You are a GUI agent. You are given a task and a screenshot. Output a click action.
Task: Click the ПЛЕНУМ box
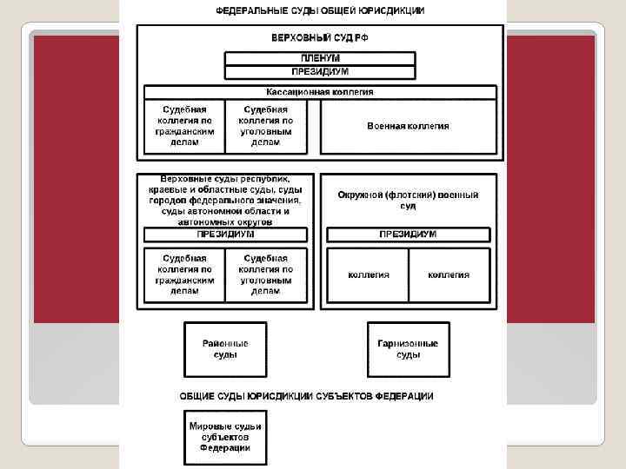coord(320,59)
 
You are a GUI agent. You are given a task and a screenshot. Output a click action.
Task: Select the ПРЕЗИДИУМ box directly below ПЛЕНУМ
coord(320,73)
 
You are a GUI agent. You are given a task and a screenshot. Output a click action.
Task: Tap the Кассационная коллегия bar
coord(320,91)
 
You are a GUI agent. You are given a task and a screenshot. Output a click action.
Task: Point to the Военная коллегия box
coord(408,127)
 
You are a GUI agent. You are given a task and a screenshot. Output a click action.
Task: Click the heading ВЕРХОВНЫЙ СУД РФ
coord(320,38)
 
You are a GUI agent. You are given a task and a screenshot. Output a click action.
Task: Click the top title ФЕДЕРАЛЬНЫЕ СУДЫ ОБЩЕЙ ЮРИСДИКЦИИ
coord(320,10)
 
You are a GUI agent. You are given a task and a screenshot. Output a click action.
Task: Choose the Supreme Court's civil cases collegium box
coord(184,126)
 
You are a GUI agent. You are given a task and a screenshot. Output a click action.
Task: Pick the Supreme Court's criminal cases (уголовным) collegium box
coord(266,126)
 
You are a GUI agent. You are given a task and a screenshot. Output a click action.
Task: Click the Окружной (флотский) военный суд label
coord(408,201)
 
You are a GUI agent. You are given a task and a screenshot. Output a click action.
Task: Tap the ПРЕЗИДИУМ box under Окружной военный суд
coord(408,234)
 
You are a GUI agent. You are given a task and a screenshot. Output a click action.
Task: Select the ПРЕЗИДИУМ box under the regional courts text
coord(225,234)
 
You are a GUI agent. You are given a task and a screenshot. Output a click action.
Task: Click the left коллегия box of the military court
coord(368,275)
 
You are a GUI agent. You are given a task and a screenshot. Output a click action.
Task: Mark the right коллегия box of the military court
coord(449,275)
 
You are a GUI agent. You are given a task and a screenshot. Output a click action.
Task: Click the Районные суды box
coord(225,349)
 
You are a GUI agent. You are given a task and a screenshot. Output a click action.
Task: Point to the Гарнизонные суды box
coord(408,349)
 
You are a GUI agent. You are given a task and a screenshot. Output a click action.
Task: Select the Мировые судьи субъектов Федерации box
coord(225,437)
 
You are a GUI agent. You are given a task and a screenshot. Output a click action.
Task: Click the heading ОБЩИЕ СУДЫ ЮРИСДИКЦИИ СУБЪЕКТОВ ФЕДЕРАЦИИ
coord(306,396)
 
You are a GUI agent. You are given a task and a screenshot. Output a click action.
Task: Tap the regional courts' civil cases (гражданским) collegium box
coord(184,275)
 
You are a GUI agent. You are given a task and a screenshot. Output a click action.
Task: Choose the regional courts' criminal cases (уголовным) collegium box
coord(266,275)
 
